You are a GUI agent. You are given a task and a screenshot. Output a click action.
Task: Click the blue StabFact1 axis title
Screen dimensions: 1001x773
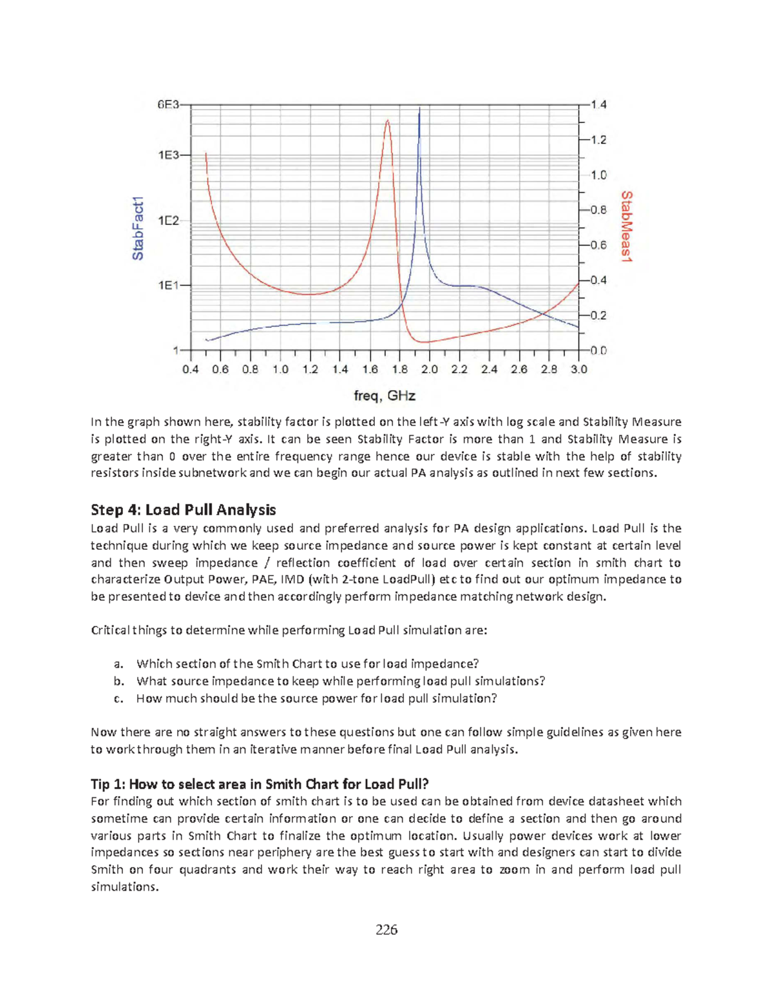138,228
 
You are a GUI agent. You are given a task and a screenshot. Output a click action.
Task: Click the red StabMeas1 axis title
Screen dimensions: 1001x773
626,226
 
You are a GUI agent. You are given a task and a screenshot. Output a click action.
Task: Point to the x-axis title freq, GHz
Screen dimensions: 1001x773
385,396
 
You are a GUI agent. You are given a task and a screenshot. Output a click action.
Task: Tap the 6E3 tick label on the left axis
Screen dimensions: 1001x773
169,104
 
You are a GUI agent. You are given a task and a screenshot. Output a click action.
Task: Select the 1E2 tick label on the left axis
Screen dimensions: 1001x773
169,220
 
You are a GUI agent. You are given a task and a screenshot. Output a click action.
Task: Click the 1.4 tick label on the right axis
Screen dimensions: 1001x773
599,104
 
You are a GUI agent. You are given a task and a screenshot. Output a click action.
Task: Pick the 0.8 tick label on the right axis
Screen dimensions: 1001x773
599,210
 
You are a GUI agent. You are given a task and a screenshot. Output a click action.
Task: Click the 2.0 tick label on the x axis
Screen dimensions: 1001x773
429,369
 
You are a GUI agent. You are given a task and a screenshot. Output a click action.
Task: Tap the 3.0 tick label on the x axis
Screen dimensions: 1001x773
578,369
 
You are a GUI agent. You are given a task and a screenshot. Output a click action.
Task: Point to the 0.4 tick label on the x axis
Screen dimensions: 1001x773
191,369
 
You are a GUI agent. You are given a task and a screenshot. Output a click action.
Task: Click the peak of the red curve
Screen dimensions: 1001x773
387,120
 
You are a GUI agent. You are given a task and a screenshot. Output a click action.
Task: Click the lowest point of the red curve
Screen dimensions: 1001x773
422,342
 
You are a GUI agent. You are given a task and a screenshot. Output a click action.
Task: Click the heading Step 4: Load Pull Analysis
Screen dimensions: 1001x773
183,510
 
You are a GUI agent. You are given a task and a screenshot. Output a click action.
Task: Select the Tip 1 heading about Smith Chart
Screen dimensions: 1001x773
260,784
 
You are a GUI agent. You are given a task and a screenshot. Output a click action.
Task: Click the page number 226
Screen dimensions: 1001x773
386,929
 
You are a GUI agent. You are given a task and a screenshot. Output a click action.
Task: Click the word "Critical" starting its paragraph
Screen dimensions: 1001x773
110,630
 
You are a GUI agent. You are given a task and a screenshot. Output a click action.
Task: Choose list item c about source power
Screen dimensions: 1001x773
316,699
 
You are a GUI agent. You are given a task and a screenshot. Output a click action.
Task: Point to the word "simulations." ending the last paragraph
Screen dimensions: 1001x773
124,887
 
